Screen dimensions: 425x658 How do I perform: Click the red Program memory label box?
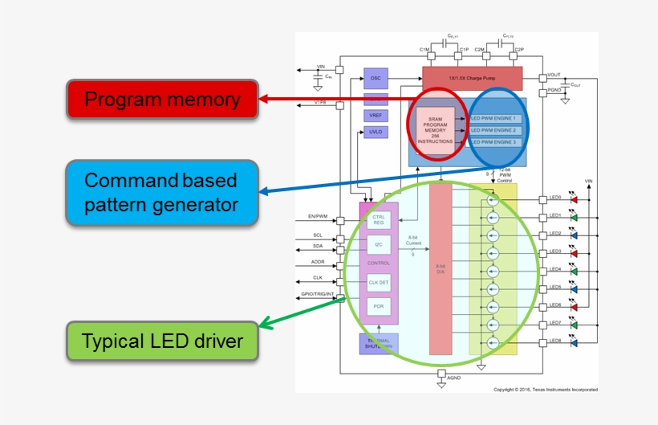[x=161, y=100]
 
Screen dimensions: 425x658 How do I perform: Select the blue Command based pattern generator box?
[x=161, y=192]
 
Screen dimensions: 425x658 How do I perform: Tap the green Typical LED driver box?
[x=163, y=341]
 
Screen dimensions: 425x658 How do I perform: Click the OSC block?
[x=375, y=79]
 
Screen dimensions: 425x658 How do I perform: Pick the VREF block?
[x=375, y=116]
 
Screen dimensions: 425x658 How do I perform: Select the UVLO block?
[x=375, y=132]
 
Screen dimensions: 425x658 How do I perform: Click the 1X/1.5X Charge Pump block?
[x=472, y=79]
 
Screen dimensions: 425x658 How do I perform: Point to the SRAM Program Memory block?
[x=435, y=129]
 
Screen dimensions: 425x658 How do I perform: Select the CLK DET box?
[x=379, y=282]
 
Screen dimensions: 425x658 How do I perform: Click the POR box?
[x=379, y=306]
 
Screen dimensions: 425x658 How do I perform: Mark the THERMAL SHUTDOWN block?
[x=378, y=344]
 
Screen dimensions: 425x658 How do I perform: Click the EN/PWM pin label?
[x=317, y=216]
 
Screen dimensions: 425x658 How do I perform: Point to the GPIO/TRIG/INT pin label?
[x=317, y=294]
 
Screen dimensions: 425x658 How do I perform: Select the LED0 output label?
[x=555, y=198]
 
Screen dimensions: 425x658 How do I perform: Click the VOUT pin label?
[x=554, y=75]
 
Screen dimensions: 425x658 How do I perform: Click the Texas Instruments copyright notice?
[x=545, y=390]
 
